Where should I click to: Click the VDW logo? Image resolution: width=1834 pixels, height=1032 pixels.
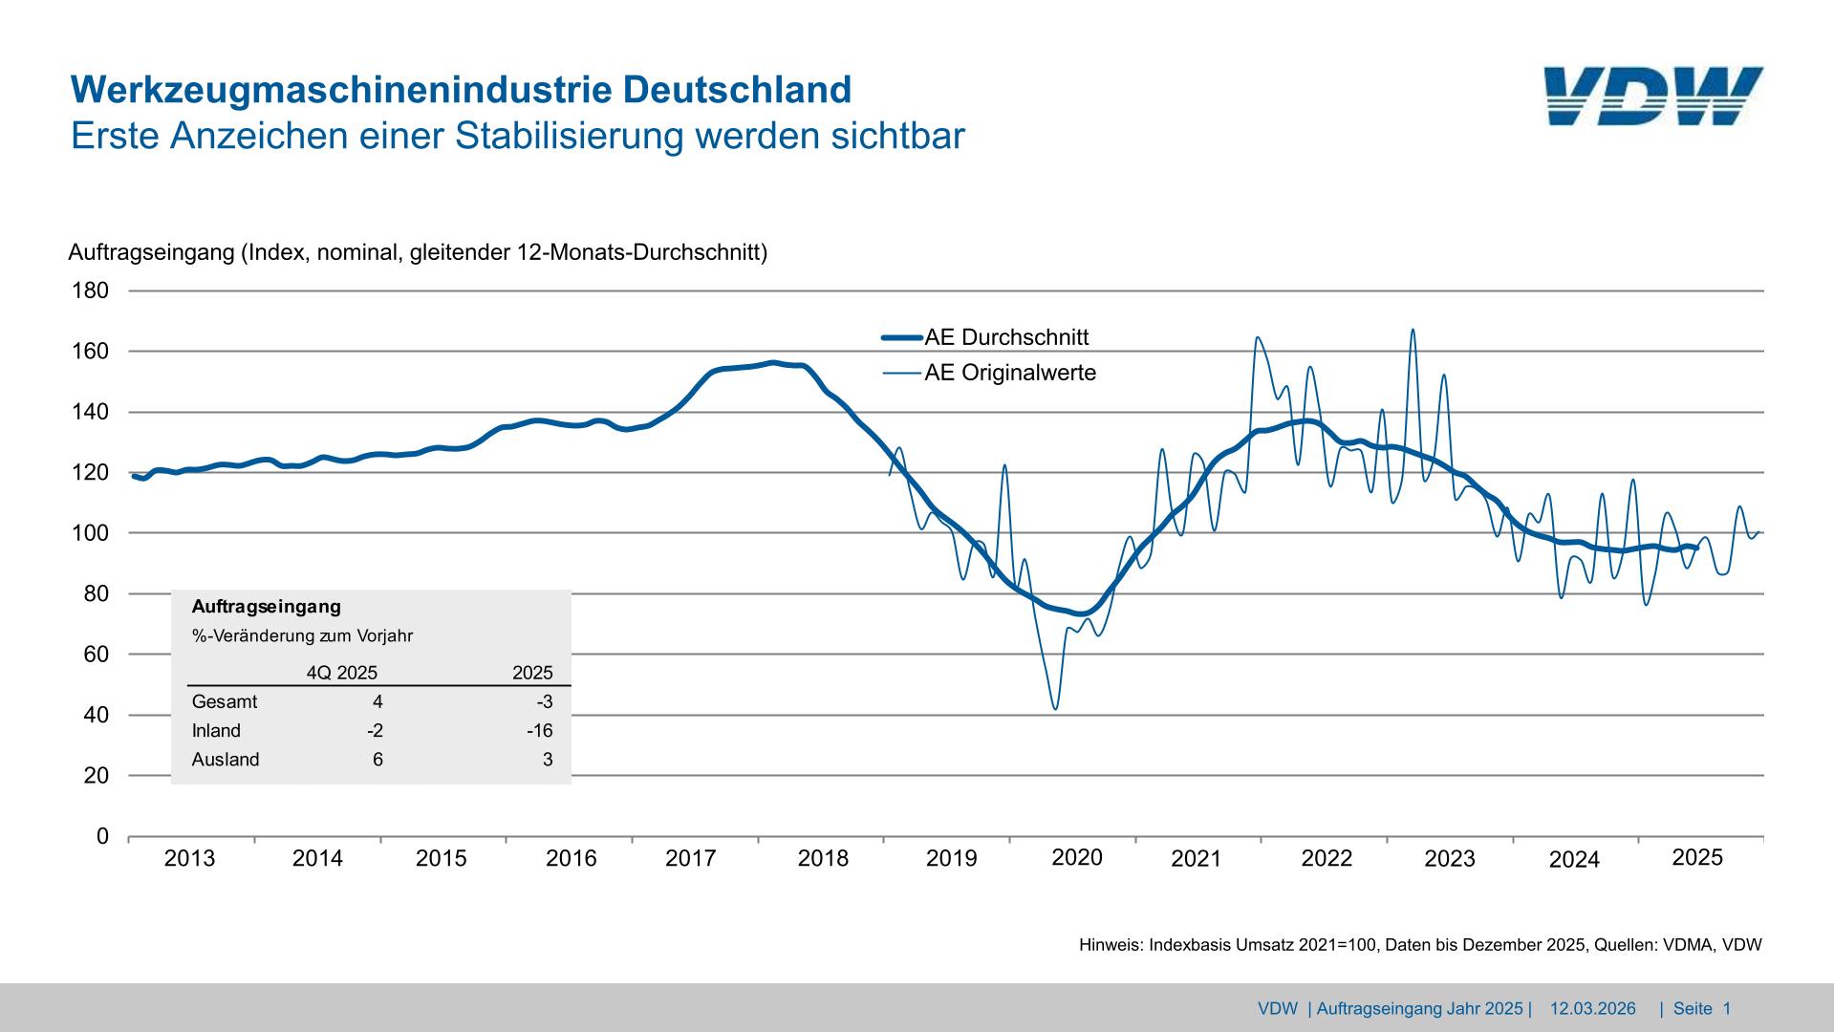point(1652,96)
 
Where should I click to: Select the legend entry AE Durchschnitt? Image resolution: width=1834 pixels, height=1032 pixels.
point(1006,337)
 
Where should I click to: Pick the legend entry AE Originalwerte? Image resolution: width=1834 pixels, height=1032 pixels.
point(1010,373)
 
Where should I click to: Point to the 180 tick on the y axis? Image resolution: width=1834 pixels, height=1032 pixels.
point(91,290)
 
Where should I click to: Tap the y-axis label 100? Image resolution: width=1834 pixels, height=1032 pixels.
point(91,533)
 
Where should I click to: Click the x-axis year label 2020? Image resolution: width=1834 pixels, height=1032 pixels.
point(1077,858)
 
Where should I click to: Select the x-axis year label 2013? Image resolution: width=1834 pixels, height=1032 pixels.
point(189,858)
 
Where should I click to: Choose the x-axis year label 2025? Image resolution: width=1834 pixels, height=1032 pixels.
point(1697,858)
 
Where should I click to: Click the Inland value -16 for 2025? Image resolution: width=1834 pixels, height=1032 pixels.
point(539,731)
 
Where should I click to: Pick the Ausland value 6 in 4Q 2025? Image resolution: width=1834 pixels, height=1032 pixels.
point(378,760)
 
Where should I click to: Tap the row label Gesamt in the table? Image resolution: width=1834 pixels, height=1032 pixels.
point(225,702)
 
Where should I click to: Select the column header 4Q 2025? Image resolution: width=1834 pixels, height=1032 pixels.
point(342,673)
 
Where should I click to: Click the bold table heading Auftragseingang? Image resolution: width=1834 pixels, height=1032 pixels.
point(266,607)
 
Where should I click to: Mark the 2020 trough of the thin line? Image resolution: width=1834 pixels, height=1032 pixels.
point(1055,708)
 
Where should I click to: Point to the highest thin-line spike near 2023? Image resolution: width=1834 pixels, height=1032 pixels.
point(1413,331)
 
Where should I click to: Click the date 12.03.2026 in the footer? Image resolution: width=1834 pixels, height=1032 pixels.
point(1592,1009)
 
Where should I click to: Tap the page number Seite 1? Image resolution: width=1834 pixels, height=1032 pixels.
point(1702,1009)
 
